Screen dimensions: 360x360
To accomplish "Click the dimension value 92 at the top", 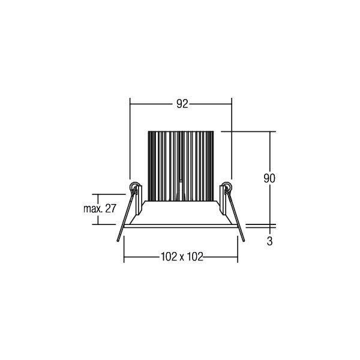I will (x=182, y=104).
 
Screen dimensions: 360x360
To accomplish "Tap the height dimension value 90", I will (x=269, y=178).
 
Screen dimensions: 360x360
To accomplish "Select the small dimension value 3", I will (x=269, y=241).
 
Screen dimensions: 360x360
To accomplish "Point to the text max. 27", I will (x=100, y=209).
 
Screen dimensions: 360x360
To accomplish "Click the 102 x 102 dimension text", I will (x=182, y=257).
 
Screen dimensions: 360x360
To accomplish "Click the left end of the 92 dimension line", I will (x=131, y=104).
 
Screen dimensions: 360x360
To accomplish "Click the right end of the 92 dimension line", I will (x=232, y=104).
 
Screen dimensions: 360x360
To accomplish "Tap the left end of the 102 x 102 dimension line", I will (x=124, y=257).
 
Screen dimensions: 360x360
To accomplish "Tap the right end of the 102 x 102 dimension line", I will (x=238, y=257).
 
